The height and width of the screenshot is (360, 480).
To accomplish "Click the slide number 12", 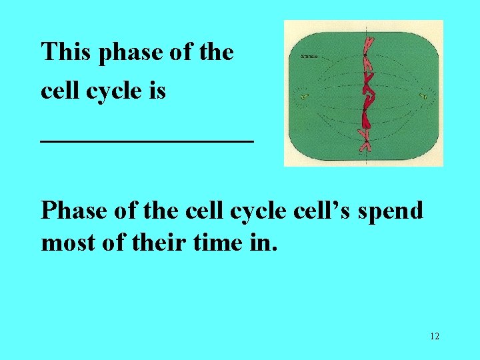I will (435, 336).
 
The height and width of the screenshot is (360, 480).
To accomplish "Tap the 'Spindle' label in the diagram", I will (311, 57).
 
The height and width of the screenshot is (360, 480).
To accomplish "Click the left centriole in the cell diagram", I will (304, 97).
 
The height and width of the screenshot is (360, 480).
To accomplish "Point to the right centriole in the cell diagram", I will (423, 97).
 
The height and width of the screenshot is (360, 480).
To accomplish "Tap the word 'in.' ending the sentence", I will (266, 243).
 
